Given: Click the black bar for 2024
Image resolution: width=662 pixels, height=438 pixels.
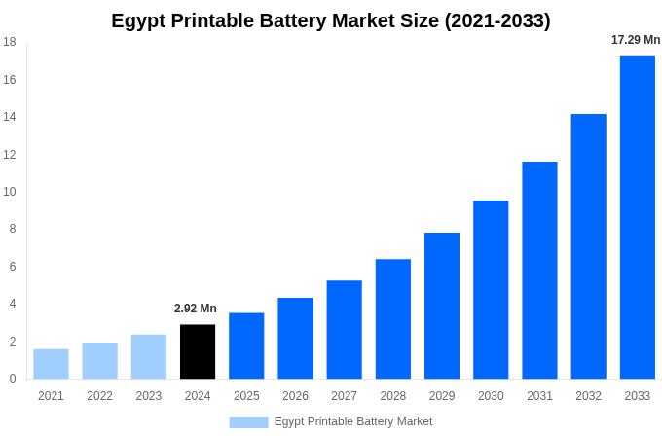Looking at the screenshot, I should [198, 351].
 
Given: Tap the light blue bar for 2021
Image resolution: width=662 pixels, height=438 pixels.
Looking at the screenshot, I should [51, 364].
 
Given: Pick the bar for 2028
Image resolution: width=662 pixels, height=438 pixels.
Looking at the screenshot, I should [393, 318].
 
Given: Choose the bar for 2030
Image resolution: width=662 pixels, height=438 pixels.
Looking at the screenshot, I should [491, 289].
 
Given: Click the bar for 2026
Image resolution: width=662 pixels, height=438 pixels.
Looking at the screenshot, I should [295, 338].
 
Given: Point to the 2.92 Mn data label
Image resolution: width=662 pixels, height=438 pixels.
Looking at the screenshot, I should [196, 309].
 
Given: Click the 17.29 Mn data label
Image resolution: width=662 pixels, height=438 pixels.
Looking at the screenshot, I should [636, 40].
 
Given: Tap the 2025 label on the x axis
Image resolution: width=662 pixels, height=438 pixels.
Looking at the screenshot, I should [246, 396].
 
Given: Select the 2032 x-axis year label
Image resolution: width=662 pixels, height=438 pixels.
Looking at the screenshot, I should [588, 396].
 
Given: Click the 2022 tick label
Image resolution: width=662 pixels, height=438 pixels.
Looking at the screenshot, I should [99, 396].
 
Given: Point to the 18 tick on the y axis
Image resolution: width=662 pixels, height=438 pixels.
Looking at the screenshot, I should [10, 42].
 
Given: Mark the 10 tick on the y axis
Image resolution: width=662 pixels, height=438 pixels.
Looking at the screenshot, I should [10, 192].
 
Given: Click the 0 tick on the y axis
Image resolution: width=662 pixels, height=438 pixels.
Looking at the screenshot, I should [13, 379].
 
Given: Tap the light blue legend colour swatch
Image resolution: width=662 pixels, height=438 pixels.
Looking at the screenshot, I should [248, 422].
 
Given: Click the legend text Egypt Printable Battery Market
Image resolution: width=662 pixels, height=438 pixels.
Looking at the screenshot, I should [353, 421].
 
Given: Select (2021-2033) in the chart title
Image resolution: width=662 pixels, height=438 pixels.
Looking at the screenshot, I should [497, 20].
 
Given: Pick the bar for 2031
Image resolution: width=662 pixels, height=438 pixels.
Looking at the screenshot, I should [539, 270].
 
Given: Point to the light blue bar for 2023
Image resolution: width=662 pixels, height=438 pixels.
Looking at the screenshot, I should [149, 356].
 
